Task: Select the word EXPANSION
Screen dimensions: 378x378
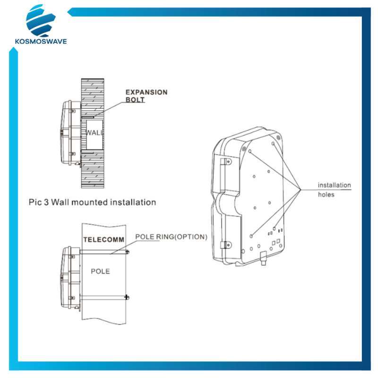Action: point(146,92)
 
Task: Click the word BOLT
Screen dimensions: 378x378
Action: point(135,100)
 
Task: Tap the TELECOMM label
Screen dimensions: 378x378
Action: point(104,240)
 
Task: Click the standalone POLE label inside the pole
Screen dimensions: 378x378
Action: point(100,271)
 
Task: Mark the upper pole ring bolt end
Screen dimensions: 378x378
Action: point(128,254)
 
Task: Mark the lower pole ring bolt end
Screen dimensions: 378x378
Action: point(127,297)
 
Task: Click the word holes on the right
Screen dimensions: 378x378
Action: point(326,194)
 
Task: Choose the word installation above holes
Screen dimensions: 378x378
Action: point(334,185)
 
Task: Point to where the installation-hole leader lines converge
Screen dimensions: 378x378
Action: point(301,189)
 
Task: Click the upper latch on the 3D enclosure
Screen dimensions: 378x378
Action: point(226,164)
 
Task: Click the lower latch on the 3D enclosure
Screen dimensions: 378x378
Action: point(226,246)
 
